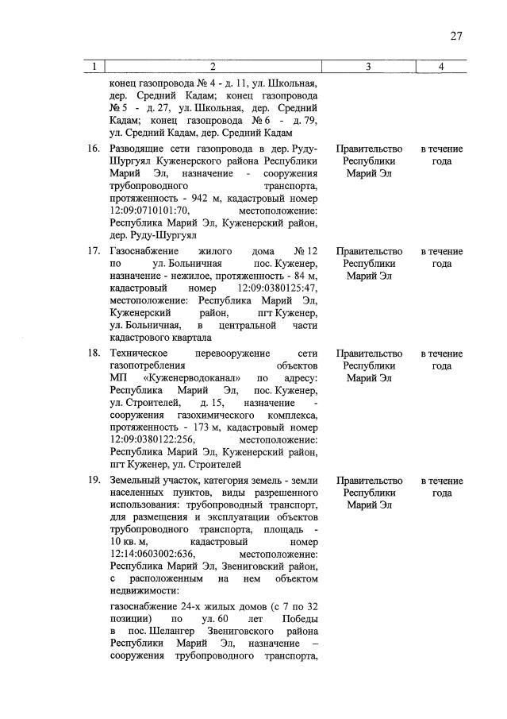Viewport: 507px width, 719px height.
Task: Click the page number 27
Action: click(456, 35)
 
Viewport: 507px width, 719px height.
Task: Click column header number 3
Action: click(369, 67)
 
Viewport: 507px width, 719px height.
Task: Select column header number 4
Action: click(441, 67)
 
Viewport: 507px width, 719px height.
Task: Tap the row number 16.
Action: click(93, 149)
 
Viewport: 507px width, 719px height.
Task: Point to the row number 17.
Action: click(93, 250)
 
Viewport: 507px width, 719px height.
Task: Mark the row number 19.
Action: click(93, 481)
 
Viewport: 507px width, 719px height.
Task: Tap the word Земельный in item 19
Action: click(136, 481)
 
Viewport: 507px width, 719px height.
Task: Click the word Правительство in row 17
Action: click(369, 250)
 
